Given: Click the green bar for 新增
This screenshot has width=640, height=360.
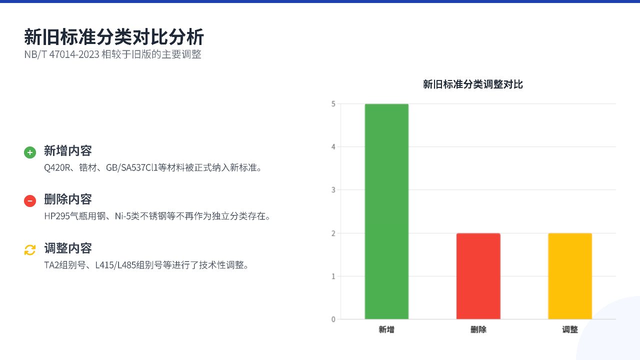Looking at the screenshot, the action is pos(386,211).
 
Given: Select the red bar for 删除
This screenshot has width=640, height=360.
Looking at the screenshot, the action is pos(478,276).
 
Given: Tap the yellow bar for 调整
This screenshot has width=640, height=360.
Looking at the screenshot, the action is pos(570,276).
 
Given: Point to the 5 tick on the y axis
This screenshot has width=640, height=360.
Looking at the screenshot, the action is pos(333,104).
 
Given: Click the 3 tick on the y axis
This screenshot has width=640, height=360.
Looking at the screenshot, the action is pos(333,190).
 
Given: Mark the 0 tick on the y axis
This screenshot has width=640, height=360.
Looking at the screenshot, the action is pos(333,319).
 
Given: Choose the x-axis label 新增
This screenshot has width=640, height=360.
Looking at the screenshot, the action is pos(386,329).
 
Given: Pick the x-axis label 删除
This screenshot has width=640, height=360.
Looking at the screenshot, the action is pos(478,329).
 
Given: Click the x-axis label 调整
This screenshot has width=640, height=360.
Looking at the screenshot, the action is pos(570,329).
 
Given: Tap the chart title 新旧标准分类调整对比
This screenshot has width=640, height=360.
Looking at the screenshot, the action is pos(473,84).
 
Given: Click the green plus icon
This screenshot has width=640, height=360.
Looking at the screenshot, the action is pos(30,152).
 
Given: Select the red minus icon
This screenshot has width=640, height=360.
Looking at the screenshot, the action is pos(30,201).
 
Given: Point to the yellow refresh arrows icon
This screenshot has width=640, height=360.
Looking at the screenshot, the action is pos(30,250).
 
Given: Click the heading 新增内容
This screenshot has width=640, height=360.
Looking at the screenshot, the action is pos(67,150).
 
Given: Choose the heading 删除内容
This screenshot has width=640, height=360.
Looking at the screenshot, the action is pos(67,199).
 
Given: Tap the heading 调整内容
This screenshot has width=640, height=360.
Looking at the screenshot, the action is pos(67,248).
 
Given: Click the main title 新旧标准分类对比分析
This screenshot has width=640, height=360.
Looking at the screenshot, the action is pos(113,37).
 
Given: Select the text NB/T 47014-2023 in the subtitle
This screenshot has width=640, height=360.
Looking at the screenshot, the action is pos(61,54).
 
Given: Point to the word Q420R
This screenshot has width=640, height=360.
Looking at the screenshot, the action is pos(57,167).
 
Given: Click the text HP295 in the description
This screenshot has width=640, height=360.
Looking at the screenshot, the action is pos(57,216).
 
